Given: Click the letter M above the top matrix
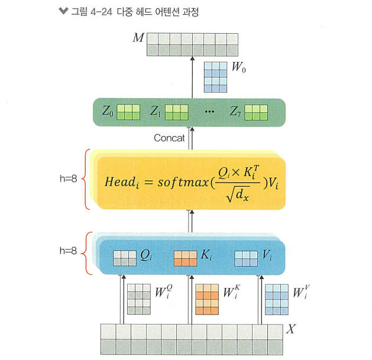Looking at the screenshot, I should tap(138, 38).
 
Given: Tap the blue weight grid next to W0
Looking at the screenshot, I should tap(216, 77).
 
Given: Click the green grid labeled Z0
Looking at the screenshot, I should tap(128, 111).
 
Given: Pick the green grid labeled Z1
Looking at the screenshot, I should tap(176, 111).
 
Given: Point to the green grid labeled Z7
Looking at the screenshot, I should tap(257, 111).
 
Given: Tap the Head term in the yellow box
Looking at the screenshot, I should tap(121, 182).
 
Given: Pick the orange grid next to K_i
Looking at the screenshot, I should tap(186, 258).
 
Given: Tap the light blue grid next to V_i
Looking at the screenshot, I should tap(247, 258).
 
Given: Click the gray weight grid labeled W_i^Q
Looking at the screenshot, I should tap(139, 300).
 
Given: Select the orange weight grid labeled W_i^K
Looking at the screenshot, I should tap(208, 300).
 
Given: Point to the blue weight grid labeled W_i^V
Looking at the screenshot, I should tap(276, 300).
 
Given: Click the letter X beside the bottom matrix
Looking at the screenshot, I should tap(290, 329).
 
